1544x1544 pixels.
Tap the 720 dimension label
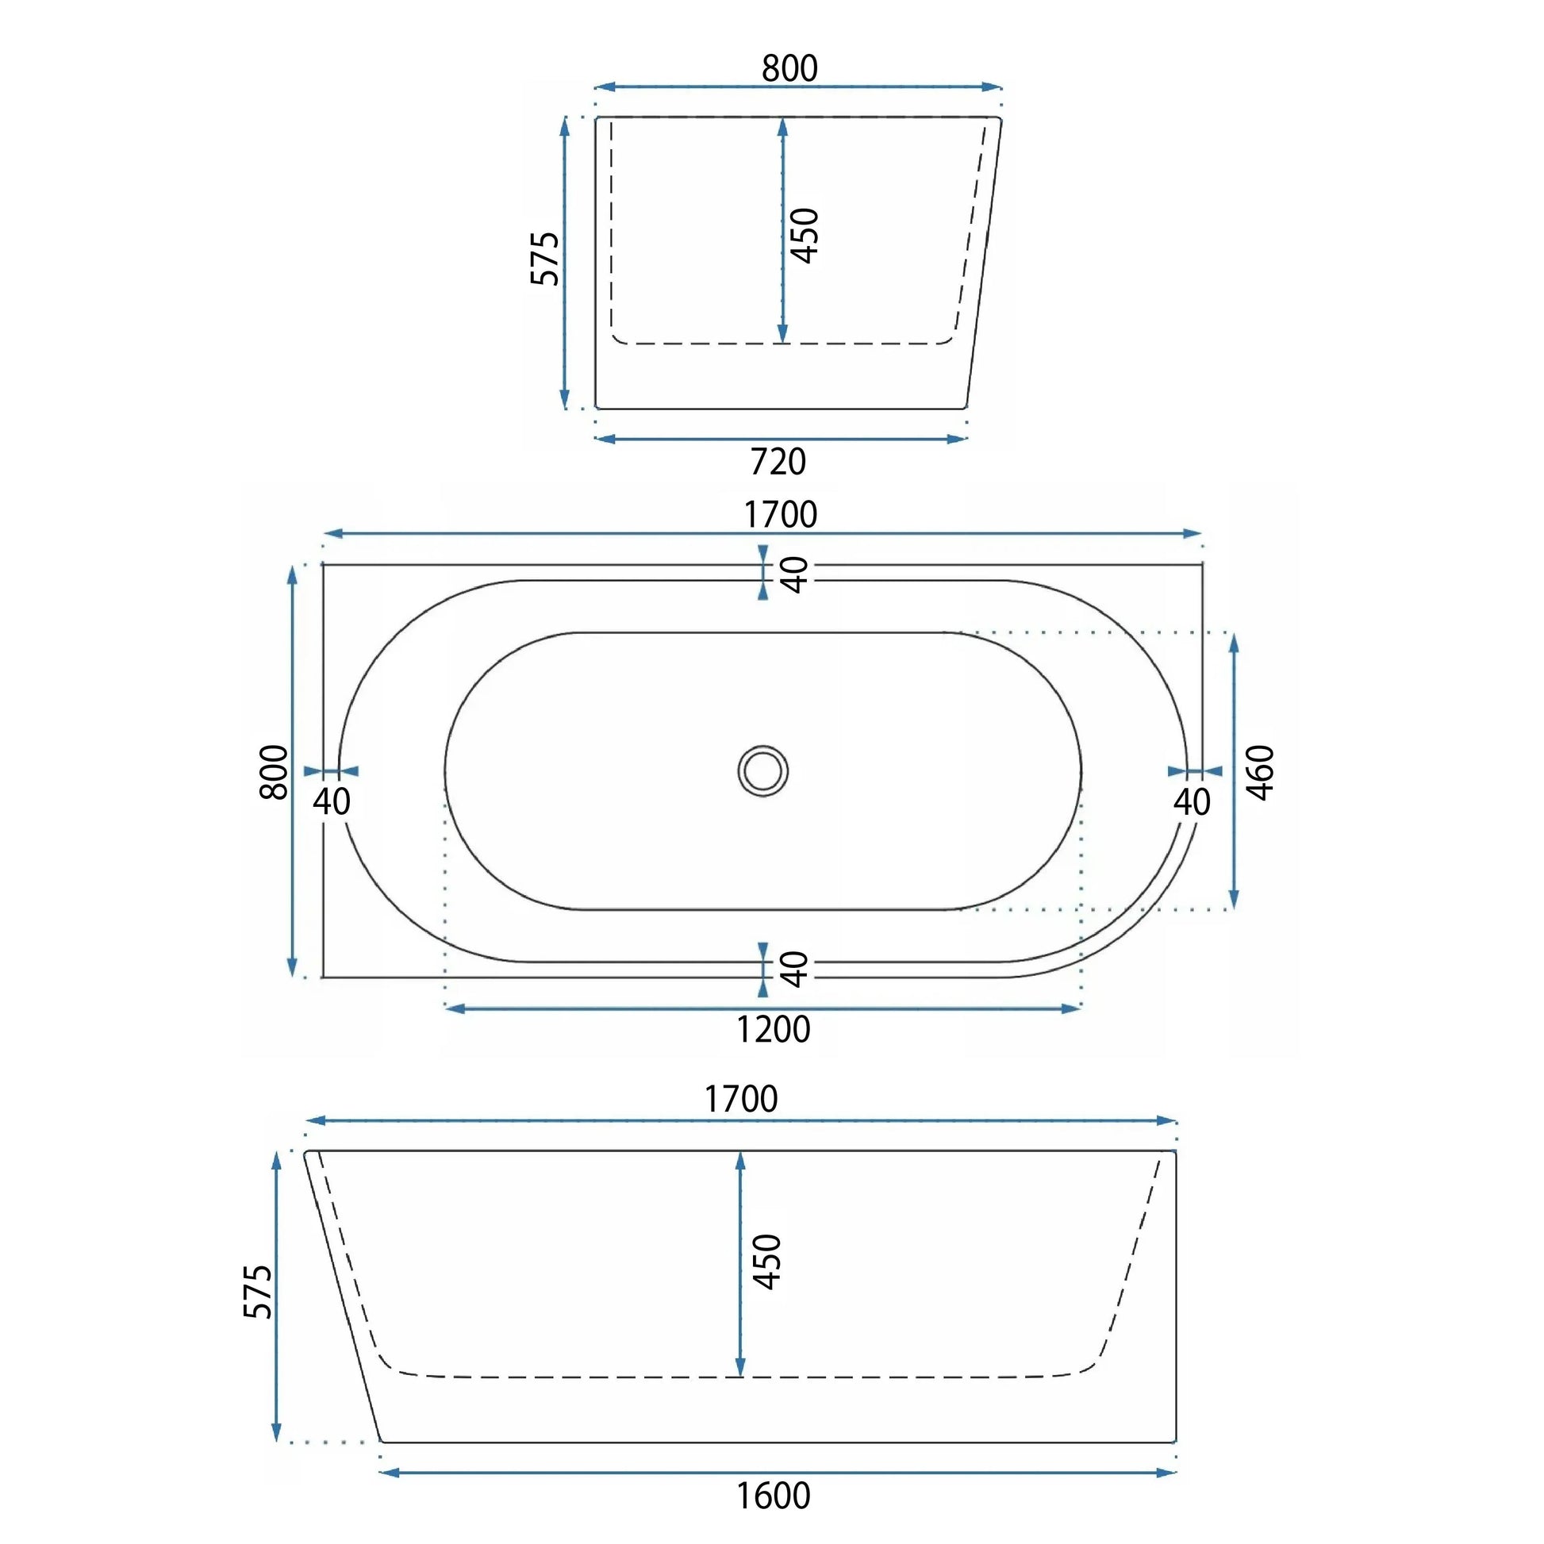[x=778, y=462]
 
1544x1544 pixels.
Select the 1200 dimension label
[x=773, y=1029]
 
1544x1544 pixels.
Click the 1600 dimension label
[x=773, y=1496]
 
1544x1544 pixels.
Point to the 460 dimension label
[x=1260, y=772]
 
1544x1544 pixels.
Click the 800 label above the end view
[x=789, y=69]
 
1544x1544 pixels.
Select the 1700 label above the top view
[x=781, y=515]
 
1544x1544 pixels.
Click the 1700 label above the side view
[x=741, y=1100]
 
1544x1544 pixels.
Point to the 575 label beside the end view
[x=546, y=258]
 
